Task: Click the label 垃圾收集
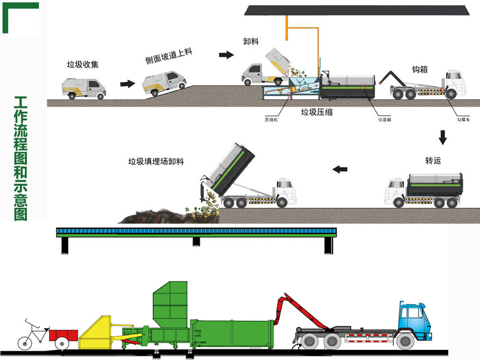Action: pyautogui.click(x=83, y=64)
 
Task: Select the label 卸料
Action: pyautogui.click(x=251, y=42)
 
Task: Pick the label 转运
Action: pyautogui.click(x=433, y=161)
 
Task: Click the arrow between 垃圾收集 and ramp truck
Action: pyautogui.click(x=128, y=84)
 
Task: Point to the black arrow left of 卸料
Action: pyautogui.click(x=225, y=55)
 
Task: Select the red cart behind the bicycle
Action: pyautogui.click(x=63, y=336)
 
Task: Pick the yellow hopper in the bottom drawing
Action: pyautogui.click(x=99, y=334)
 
